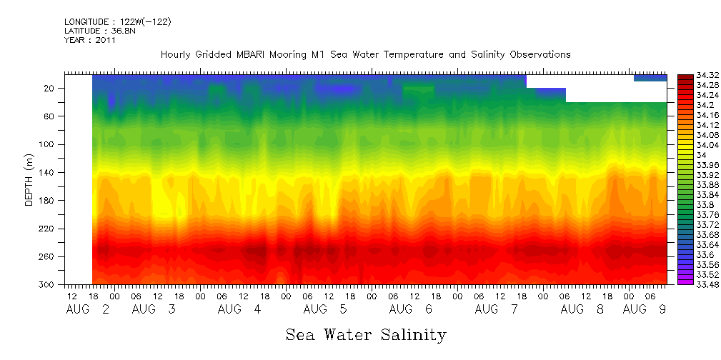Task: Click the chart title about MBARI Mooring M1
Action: (x=365, y=55)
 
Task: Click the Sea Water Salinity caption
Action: (x=366, y=335)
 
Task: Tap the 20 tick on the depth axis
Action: (x=50, y=88)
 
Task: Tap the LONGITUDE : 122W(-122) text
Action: (x=118, y=22)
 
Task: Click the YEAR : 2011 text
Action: (x=90, y=41)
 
